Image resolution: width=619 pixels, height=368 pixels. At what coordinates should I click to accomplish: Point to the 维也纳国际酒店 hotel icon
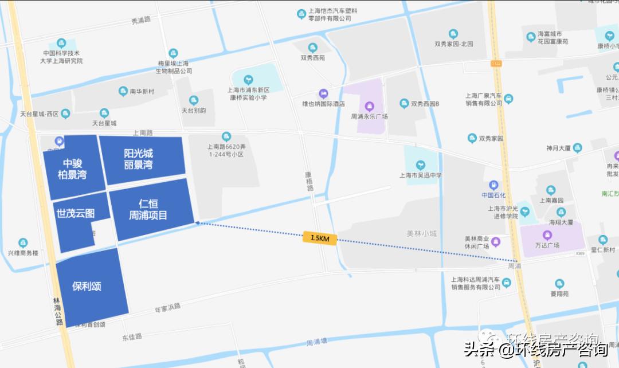(323, 93)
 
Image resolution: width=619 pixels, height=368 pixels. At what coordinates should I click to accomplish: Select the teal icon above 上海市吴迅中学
(420, 165)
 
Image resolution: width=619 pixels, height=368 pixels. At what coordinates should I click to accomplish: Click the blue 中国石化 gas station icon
(492, 185)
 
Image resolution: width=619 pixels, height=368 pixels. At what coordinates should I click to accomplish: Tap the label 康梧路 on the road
(309, 181)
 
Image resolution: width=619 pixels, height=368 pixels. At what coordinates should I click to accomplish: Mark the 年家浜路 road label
(167, 306)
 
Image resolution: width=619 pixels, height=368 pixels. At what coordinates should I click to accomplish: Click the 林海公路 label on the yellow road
(57, 311)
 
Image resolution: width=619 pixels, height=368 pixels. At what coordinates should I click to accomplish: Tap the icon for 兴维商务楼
(23, 243)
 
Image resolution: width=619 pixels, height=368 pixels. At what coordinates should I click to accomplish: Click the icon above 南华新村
(123, 91)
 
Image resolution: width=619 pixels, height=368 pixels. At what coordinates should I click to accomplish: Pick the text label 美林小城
(422, 233)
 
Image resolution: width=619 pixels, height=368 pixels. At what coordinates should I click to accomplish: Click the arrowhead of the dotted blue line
(197, 222)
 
